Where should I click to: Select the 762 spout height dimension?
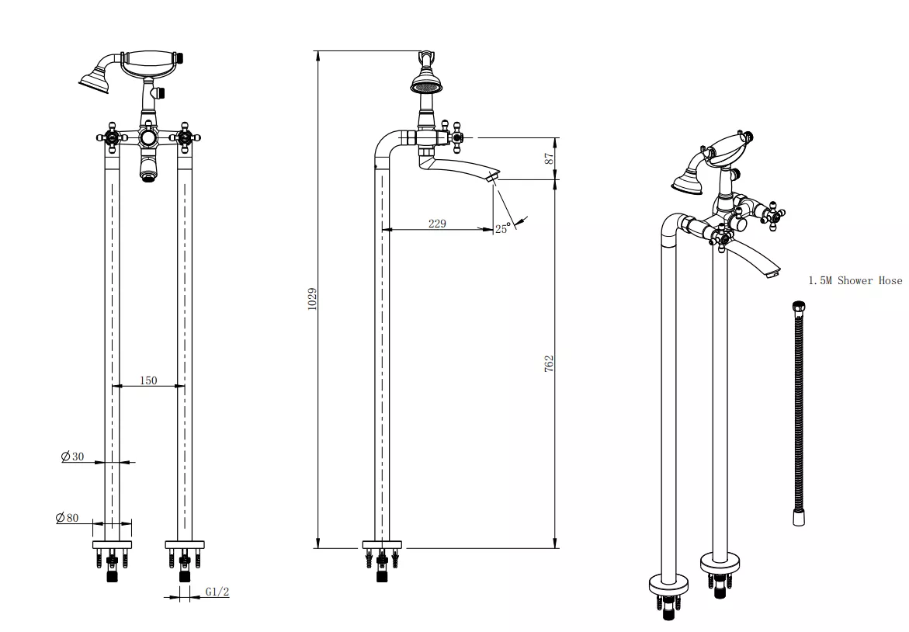coord(549,363)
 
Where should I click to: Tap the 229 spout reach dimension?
coord(437,224)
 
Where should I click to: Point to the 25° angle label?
coord(502,228)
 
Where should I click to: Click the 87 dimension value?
coord(549,158)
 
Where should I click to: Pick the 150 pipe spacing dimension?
coord(148,380)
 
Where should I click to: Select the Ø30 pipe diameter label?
coord(73,457)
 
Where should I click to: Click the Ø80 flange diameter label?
coord(68,518)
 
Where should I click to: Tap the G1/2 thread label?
coord(217,592)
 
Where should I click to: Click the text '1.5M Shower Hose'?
coord(855,280)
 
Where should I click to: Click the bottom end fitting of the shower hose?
coord(798,517)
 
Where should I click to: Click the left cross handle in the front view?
coord(112,137)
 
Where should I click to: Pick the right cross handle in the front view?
coord(185,137)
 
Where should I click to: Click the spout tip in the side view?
coord(491,179)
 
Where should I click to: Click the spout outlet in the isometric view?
coord(772,273)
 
